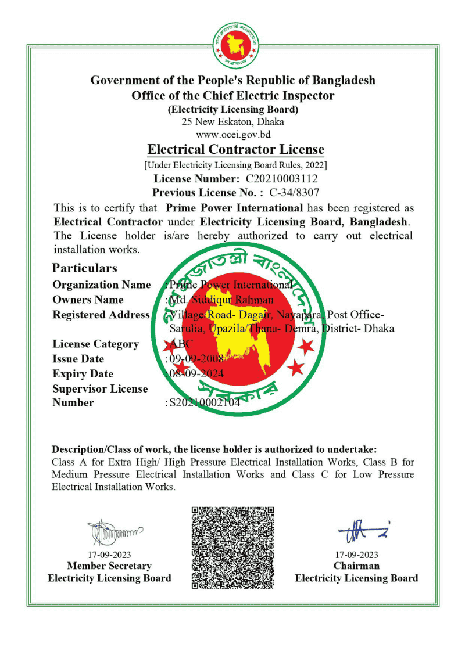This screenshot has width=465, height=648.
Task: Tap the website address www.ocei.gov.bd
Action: point(233,135)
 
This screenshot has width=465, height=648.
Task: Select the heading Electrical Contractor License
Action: point(235,150)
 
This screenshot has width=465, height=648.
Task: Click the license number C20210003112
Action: point(282,179)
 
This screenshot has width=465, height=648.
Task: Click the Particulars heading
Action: point(84,268)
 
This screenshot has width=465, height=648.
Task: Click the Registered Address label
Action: point(101,315)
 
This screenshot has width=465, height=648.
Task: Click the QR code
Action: point(233,548)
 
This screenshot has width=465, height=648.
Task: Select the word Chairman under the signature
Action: point(356,566)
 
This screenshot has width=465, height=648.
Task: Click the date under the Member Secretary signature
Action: point(109,555)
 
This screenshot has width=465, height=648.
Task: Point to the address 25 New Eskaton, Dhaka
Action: point(233,122)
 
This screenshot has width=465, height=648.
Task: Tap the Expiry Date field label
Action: point(83,374)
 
